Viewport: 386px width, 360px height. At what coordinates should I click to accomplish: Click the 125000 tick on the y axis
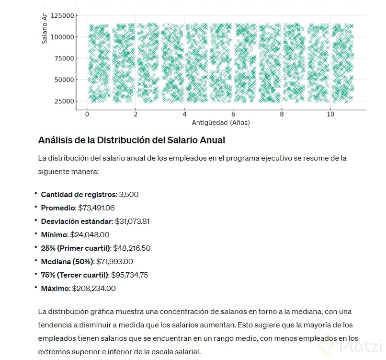click(x=62, y=15)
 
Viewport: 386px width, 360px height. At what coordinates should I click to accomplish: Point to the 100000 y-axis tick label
click(x=62, y=37)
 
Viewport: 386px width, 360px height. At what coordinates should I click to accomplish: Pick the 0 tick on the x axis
click(x=87, y=115)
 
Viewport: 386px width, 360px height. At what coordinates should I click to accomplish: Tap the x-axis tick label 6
click(x=233, y=115)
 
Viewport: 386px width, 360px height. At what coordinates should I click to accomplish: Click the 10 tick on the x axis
click(x=330, y=115)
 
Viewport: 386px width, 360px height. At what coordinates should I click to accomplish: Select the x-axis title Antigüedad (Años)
click(x=221, y=123)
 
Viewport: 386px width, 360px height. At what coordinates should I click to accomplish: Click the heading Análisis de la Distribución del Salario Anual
click(x=131, y=140)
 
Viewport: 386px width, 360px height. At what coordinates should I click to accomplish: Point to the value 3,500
click(x=129, y=195)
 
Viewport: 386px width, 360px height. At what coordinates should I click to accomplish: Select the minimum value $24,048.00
click(x=90, y=235)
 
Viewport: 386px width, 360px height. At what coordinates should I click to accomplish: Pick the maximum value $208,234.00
click(x=94, y=289)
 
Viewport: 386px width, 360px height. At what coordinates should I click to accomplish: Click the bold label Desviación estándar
click(x=77, y=221)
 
